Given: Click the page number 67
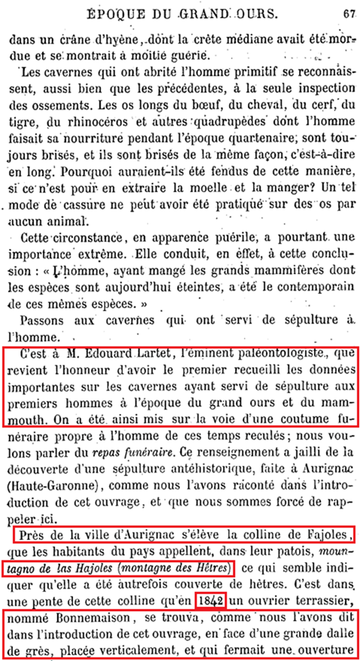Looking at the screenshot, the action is tap(347, 12).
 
